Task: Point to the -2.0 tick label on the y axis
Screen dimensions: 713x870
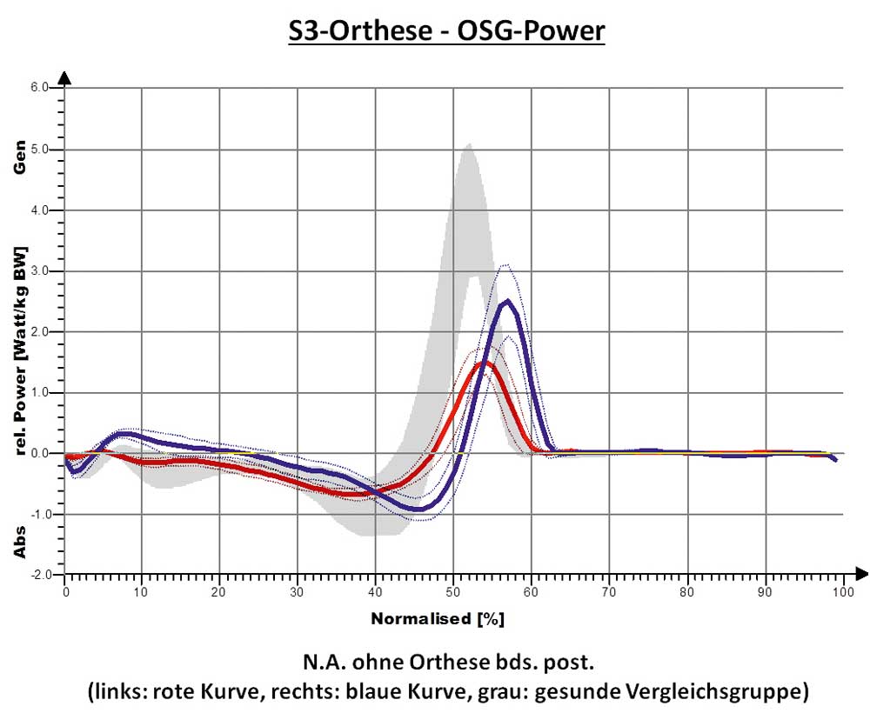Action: tap(40, 576)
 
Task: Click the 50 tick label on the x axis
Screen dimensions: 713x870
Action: tap(452, 591)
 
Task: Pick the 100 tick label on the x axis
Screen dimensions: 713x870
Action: tap(841, 591)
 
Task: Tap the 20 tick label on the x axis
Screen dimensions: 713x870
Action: tap(219, 591)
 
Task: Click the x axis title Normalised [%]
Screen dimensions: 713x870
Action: tap(438, 620)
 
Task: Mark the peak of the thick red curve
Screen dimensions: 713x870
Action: tap(483, 362)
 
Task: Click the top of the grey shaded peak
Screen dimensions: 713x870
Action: tap(469, 144)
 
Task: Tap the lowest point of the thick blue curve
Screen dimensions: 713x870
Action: tap(419, 509)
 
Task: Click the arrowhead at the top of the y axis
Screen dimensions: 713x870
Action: tap(65, 79)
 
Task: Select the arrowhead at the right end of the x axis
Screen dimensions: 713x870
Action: tap(861, 574)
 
